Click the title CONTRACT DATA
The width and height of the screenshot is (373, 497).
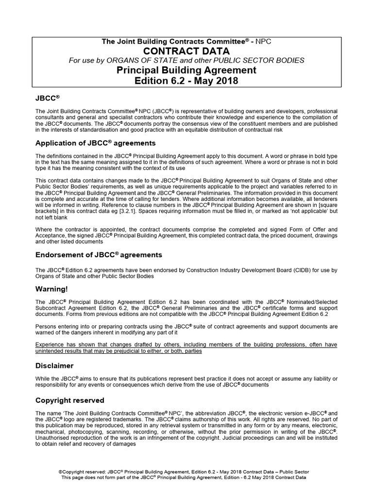(x=186, y=51)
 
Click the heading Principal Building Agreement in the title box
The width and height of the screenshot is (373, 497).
(x=186, y=70)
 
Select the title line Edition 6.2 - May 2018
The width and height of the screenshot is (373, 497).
(x=186, y=81)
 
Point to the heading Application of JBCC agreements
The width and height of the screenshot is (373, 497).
(x=96, y=143)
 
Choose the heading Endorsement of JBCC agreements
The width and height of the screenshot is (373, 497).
(x=99, y=255)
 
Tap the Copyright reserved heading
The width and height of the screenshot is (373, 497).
(x=70, y=400)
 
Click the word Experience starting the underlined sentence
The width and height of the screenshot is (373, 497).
(x=52, y=344)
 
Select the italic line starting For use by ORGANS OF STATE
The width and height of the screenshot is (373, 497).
(x=186, y=60)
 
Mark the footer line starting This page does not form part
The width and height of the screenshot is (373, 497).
(x=186, y=478)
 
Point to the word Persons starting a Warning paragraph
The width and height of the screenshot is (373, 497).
(x=47, y=326)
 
